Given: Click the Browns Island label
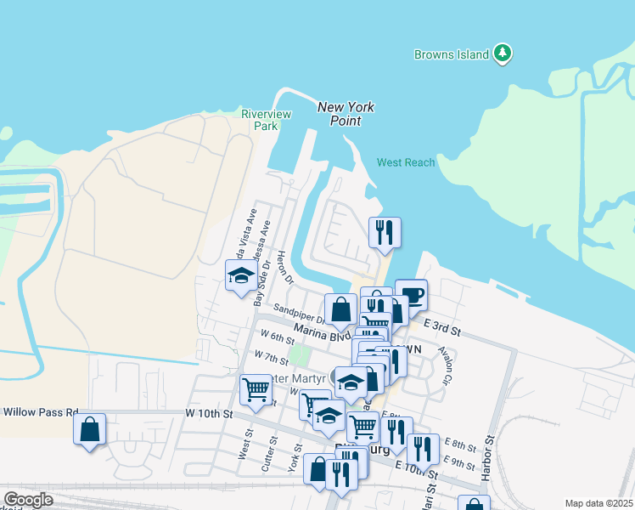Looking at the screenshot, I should point(451,54).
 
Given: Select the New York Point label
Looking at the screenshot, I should point(346,114).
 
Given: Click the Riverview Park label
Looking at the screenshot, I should point(266,120).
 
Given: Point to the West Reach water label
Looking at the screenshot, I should point(406,162).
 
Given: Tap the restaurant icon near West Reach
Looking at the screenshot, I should point(385,232).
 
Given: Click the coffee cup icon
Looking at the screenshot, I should point(412,295).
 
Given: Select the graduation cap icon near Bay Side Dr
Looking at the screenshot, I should point(241,275).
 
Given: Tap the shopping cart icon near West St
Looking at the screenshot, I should point(256,388).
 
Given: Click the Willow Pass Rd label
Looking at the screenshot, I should point(41,411).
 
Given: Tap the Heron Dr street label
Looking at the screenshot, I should point(284,268).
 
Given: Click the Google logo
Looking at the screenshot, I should point(28,500).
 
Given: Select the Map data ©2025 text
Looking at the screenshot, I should point(598,503).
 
